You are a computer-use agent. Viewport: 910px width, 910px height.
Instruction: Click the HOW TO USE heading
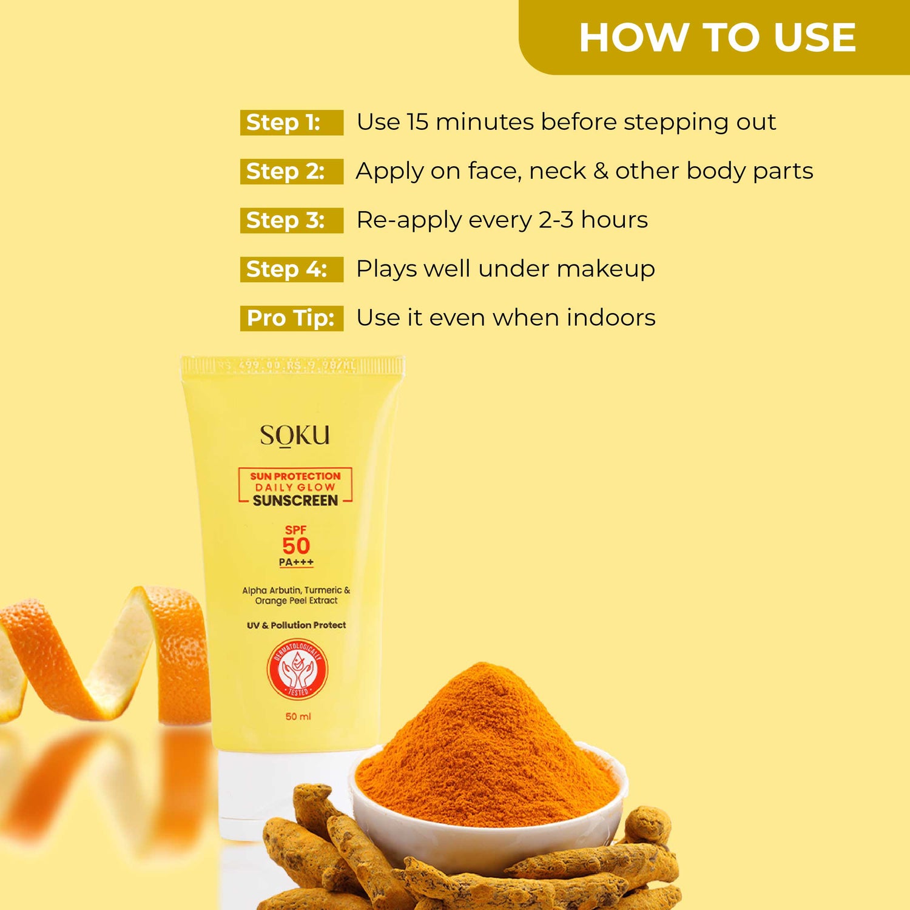click(717, 38)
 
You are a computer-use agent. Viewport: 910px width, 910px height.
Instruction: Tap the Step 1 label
click(283, 123)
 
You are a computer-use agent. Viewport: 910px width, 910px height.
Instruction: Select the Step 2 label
click(285, 172)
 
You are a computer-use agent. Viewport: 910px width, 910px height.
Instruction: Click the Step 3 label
click(285, 220)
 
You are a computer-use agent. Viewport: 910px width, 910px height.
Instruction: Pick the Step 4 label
click(286, 269)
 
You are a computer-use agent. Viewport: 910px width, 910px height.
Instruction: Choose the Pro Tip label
click(291, 318)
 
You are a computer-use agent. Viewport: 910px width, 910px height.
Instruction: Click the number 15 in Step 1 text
click(417, 122)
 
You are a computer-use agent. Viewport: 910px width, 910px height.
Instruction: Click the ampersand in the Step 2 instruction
click(601, 171)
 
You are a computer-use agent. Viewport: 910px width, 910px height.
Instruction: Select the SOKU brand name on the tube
click(295, 435)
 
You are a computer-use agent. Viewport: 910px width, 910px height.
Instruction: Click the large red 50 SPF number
click(296, 545)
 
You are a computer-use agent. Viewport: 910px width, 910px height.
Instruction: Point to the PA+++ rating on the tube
click(296, 562)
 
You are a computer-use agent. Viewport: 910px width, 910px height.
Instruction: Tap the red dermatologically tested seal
click(297, 670)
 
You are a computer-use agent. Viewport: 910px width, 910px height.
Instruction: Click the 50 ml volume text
click(298, 716)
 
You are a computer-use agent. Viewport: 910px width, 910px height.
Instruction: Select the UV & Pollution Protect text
click(296, 625)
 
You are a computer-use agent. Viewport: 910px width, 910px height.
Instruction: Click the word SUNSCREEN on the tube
click(295, 500)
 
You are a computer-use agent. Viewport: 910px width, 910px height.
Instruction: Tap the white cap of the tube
click(267, 795)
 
